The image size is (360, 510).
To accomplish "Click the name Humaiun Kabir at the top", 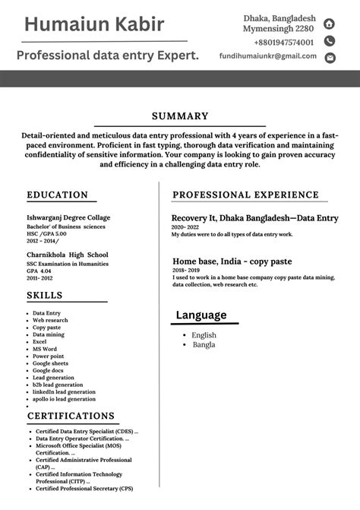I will (x=93, y=24).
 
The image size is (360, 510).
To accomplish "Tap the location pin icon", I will (x=330, y=24).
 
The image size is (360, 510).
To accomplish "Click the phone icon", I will (x=330, y=41).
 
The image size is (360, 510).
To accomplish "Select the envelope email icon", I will (x=330, y=58).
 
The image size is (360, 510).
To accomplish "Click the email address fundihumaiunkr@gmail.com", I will (x=267, y=56).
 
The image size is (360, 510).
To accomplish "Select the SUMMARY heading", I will (x=180, y=116).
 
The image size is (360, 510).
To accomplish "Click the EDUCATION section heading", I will (x=58, y=195).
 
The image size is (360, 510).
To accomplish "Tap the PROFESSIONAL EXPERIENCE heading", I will (x=245, y=195).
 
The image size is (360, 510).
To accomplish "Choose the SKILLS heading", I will (x=45, y=295).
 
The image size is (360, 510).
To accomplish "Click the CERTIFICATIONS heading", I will (x=71, y=416).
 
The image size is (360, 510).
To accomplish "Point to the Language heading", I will (x=201, y=315).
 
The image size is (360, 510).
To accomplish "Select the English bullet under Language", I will (x=204, y=335).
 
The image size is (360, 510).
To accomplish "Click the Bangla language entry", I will (x=203, y=344).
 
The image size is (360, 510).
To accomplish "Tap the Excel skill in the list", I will (x=39, y=342).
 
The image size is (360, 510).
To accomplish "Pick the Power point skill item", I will (x=48, y=356).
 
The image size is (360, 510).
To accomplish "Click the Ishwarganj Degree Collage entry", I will (x=68, y=217).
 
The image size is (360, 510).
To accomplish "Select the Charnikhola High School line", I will (x=68, y=255).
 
